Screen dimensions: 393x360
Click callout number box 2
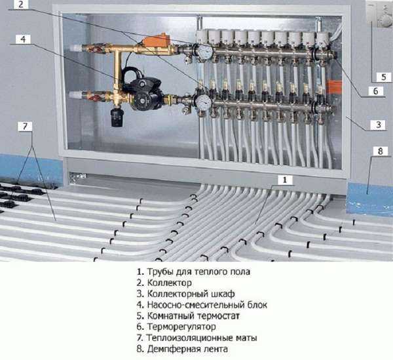[x=21, y=5]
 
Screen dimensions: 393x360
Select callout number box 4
[x=23, y=39]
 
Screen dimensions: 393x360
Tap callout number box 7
[x=25, y=126]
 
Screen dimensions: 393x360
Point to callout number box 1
[x=284, y=180]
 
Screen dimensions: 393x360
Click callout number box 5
[x=383, y=77]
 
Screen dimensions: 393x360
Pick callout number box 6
[x=375, y=90]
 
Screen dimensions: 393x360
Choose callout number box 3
[x=379, y=125]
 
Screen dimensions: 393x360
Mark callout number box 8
[x=381, y=151]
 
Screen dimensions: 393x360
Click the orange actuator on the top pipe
[x=156, y=40]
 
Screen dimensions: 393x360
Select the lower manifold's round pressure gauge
[x=203, y=102]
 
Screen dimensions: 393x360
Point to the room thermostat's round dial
[x=384, y=20]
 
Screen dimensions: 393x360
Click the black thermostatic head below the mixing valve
[x=117, y=117]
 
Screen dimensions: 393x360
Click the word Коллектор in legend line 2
[x=170, y=283]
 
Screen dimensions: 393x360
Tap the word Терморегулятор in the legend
[x=181, y=327]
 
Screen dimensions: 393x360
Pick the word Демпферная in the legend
[x=174, y=349]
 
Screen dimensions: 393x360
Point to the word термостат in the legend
[x=218, y=316]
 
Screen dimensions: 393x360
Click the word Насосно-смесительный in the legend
[x=196, y=305]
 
